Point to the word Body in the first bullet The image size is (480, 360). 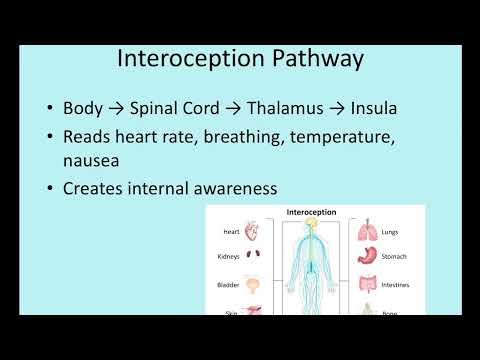[82, 108]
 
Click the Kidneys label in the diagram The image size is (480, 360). [228, 257]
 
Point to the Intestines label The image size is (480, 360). [395, 285]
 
